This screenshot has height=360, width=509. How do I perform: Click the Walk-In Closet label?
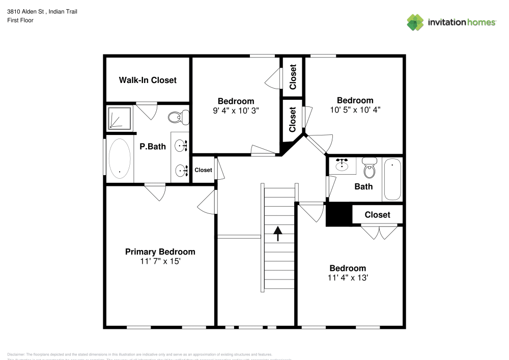pyautogui.click(x=148, y=80)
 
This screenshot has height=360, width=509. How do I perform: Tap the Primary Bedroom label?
pyautogui.click(x=160, y=252)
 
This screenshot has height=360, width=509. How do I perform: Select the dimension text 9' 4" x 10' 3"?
pyautogui.click(x=236, y=110)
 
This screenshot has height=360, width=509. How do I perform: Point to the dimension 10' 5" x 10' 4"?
pyautogui.click(x=355, y=109)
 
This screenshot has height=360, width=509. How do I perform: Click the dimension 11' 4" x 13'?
pyautogui.click(x=348, y=278)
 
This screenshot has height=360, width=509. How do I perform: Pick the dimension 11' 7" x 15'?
pyautogui.click(x=160, y=261)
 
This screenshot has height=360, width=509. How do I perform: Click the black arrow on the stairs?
pyautogui.click(x=278, y=234)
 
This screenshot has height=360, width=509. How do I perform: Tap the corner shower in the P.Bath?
pyautogui.click(x=119, y=119)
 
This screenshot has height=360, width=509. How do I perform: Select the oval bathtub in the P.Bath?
pyautogui.click(x=120, y=158)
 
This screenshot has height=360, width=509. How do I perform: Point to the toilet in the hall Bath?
pyautogui.click(x=370, y=169)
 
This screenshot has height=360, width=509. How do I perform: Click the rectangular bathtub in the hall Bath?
pyautogui.click(x=392, y=179)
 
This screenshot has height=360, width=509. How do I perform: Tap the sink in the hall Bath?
pyautogui.click(x=342, y=165)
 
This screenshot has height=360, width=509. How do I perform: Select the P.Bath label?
pyautogui.click(x=153, y=147)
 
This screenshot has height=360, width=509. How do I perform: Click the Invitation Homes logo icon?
pyautogui.click(x=415, y=22)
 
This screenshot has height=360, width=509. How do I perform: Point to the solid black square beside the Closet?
pyautogui.click(x=338, y=214)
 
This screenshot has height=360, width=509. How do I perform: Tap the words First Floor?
pyautogui.click(x=20, y=20)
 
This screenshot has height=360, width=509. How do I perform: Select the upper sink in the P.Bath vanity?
pyautogui.click(x=182, y=146)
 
